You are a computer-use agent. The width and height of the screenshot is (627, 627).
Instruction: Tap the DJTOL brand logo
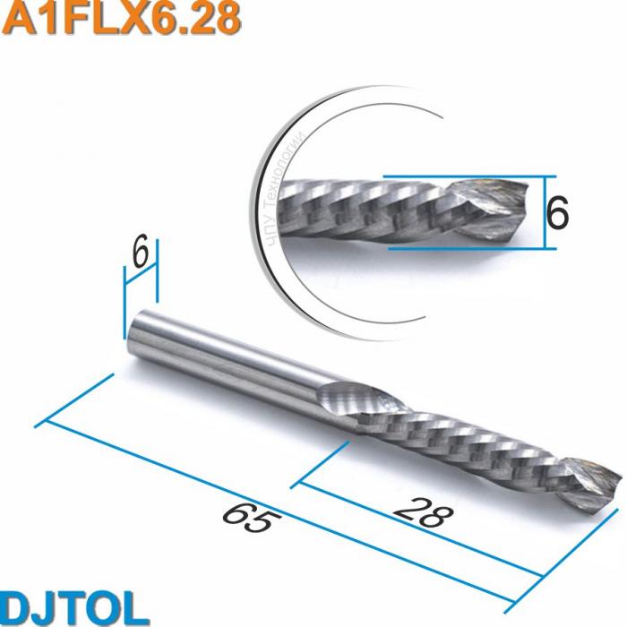coord(73,606)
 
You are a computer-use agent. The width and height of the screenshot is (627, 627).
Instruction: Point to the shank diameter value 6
coord(140,254)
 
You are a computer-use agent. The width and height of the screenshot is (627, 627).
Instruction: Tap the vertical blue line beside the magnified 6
coord(544,212)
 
